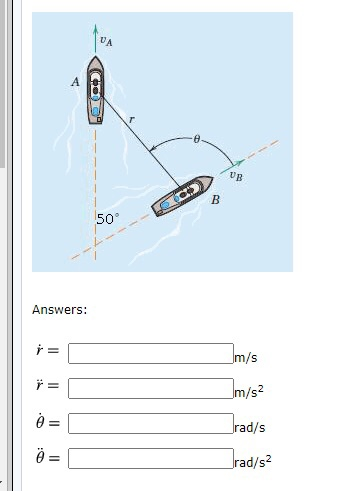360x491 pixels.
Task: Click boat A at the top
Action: click(x=96, y=91)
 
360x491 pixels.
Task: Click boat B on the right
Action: click(x=183, y=196)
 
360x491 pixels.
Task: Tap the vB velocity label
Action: click(x=234, y=175)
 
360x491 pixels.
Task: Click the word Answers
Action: click(x=59, y=310)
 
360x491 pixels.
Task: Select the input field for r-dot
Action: click(x=150, y=352)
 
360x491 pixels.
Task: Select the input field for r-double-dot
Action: click(x=150, y=387)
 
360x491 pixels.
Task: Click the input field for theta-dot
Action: click(x=150, y=423)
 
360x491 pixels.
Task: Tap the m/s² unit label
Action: click(x=247, y=391)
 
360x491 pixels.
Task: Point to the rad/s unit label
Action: click(x=247, y=428)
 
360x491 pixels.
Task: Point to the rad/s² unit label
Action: click(x=251, y=462)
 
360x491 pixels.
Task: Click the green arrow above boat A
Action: click(x=96, y=35)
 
